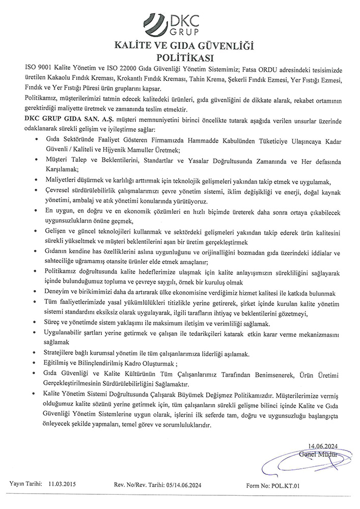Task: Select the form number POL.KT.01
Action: point(288,486)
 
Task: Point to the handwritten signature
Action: point(300,458)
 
